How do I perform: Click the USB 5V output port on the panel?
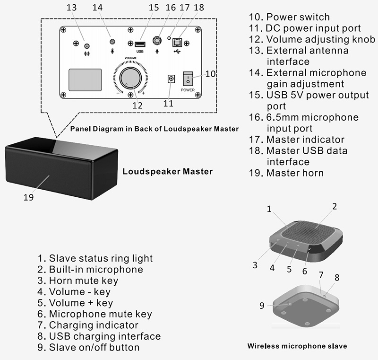pyautogui.click(x=140, y=44)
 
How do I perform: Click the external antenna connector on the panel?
pyautogui.click(x=86, y=46)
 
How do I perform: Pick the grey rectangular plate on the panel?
pyautogui.click(x=86, y=80)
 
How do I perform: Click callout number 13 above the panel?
pyautogui.click(x=71, y=8)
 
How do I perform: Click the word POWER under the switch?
pyautogui.click(x=188, y=89)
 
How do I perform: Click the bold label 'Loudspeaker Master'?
pyautogui.click(x=167, y=171)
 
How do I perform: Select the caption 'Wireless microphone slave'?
pyautogui.click(x=297, y=346)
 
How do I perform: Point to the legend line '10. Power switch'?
pyautogui.click(x=284, y=18)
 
